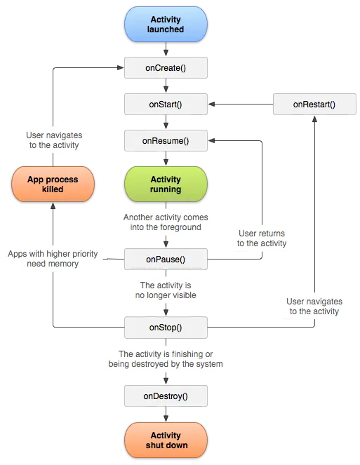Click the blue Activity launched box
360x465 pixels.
(166, 25)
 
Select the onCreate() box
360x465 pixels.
(166, 68)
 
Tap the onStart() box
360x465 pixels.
(166, 105)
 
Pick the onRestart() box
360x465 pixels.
(314, 105)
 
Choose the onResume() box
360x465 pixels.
(166, 141)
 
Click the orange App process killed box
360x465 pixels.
(53, 184)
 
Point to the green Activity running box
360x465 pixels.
(166, 184)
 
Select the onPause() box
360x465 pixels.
(166, 260)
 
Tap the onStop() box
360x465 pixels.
(166, 327)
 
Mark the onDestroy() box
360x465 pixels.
(166, 396)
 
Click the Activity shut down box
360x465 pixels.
(166, 440)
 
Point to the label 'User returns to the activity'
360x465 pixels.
(262, 238)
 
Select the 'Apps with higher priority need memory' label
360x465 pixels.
(53, 258)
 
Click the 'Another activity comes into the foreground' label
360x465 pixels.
(166, 222)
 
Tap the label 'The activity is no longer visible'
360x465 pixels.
(166, 290)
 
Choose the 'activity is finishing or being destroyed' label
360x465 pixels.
(166, 358)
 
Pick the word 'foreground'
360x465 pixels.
(178, 227)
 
